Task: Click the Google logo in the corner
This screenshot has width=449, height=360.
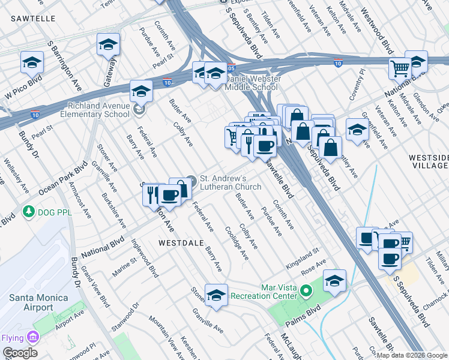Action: click(20, 353)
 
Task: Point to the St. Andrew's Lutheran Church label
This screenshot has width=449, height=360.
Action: click(231, 182)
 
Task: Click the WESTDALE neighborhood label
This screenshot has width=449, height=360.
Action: click(178, 243)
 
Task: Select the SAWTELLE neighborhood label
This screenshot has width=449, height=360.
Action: click(32, 19)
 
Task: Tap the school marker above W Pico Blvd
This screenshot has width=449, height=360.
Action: click(32, 62)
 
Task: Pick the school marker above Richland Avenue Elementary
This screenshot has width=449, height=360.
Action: click(140, 91)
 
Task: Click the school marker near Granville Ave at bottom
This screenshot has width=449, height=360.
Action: click(216, 294)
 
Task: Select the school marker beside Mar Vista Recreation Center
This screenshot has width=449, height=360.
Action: click(334, 280)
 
